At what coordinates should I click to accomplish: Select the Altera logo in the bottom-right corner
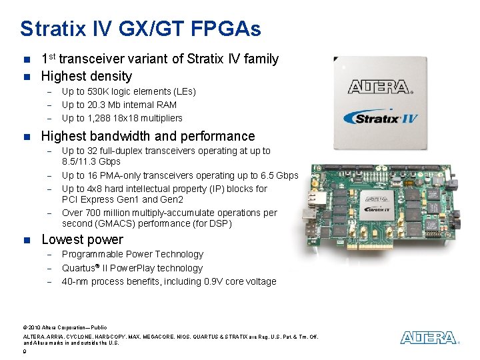pos(429,338)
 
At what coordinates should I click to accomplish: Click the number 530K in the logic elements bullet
pos(99,91)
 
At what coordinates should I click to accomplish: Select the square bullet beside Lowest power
pos(27,240)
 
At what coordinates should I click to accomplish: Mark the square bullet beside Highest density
pos(27,77)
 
